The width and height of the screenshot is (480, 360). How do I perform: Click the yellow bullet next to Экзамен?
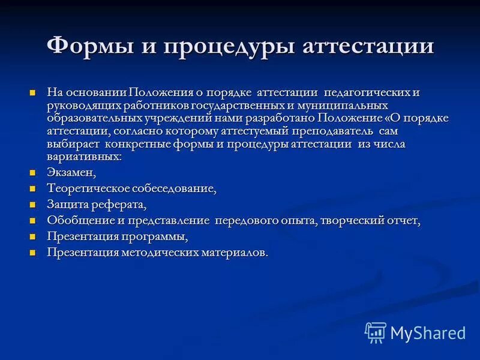pyautogui.click(x=34, y=173)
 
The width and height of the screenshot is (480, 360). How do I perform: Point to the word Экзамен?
pyautogui.click(x=71, y=173)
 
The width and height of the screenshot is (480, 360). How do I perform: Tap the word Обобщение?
pyautogui.click(x=79, y=221)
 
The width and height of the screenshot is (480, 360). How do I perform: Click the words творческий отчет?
pyautogui.click(x=370, y=221)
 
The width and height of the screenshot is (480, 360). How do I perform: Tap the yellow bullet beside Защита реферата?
pyautogui.click(x=34, y=205)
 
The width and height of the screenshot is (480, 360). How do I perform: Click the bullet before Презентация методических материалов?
pyautogui.click(x=34, y=253)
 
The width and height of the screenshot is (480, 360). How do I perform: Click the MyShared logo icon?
pyautogui.click(x=376, y=332)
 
